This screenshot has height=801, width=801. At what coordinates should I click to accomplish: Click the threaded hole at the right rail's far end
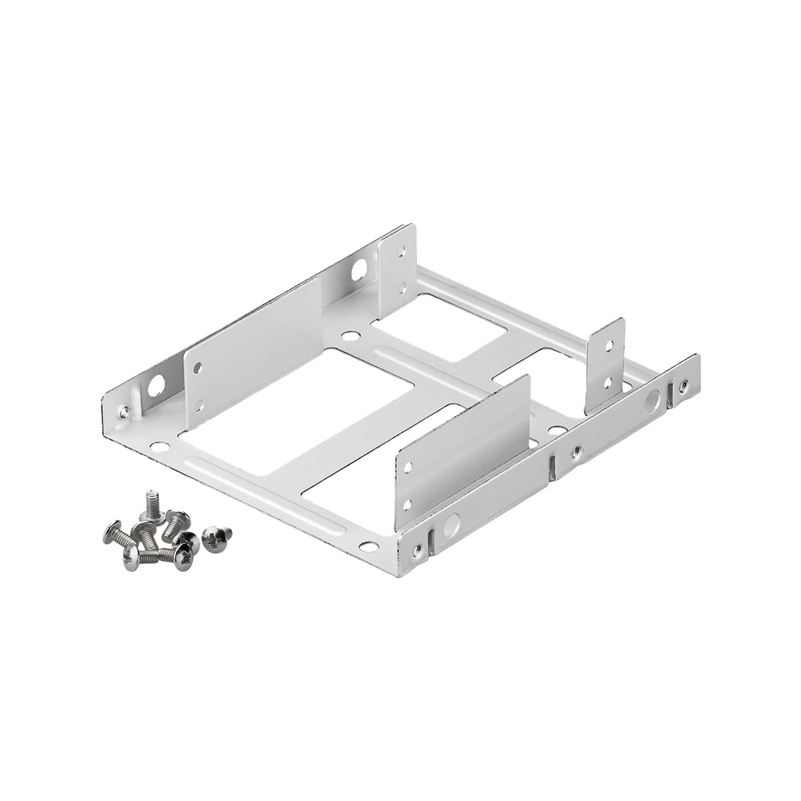(683, 385)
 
